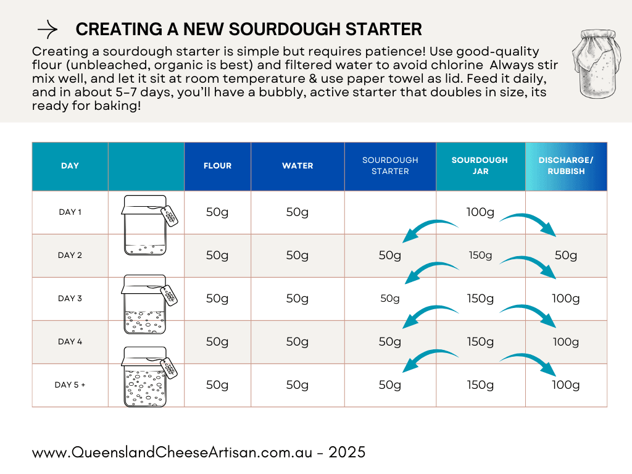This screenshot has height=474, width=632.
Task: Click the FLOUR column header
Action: click(217, 166)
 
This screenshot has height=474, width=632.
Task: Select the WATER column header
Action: click(297, 166)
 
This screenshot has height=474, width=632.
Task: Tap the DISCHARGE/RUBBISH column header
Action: click(566, 166)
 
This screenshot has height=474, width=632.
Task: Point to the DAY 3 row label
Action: click(70, 299)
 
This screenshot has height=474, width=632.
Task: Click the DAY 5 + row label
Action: click(70, 385)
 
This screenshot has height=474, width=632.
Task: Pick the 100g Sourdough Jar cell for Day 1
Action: click(480, 212)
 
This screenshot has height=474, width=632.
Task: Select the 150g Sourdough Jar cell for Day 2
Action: click(480, 256)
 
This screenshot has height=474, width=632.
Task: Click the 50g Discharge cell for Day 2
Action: click(566, 256)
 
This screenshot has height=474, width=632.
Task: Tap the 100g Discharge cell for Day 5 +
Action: click(566, 385)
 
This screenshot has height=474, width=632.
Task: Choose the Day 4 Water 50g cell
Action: click(297, 342)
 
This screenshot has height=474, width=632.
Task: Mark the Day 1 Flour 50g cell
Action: click(217, 212)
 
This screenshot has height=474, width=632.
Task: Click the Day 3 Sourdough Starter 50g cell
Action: click(390, 299)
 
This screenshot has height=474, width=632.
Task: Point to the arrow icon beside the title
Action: click(48, 30)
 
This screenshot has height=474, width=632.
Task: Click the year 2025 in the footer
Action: click(347, 452)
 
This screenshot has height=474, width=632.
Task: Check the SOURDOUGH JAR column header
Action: click(480, 166)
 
